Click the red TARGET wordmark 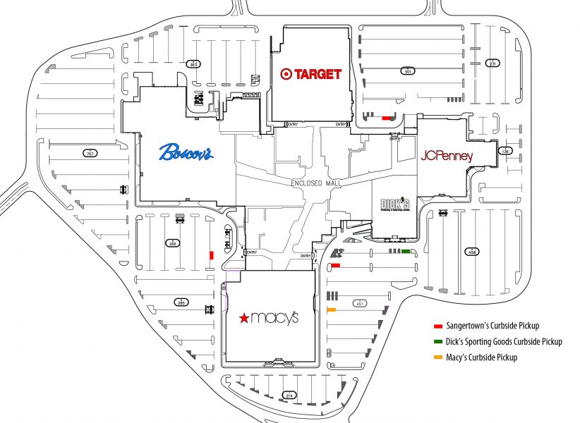(318, 73)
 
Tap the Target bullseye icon (286, 73)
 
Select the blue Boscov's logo (186, 152)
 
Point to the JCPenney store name (446, 156)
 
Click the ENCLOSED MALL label (315, 183)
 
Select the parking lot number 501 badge (407, 70)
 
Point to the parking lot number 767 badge (89, 153)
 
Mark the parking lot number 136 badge (505, 151)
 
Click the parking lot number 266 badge (172, 243)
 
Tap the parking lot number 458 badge (471, 250)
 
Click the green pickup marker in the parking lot (406, 251)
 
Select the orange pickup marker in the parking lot (331, 310)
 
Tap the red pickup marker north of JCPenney (386, 118)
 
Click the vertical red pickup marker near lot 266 (210, 255)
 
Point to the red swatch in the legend (437, 326)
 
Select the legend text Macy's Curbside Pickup (482, 357)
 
